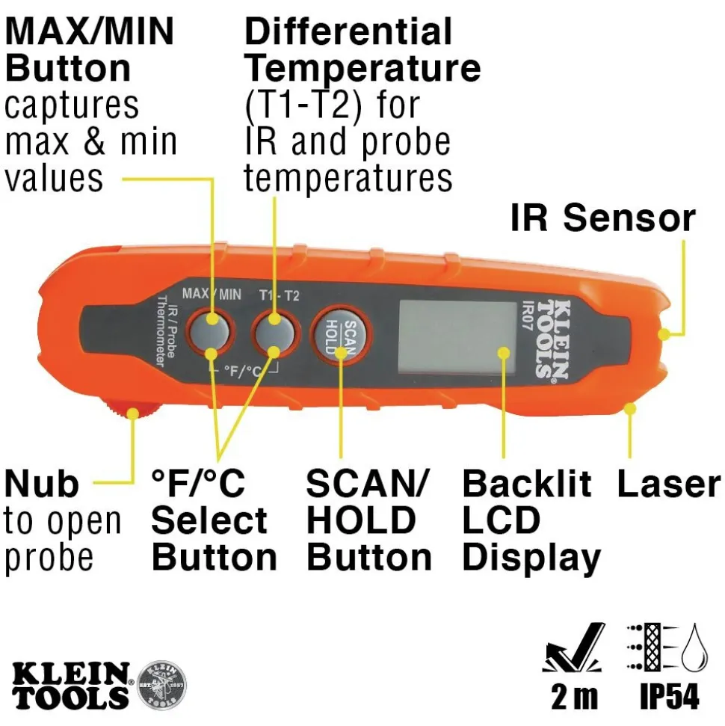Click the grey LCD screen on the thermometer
(457, 336)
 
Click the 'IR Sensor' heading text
(602, 218)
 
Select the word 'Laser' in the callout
(668, 484)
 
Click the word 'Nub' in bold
(41, 484)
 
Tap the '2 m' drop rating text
(575, 696)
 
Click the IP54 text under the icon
(670, 696)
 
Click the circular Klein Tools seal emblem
(162, 683)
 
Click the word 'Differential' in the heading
(348, 32)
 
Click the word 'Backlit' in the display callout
(526, 484)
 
